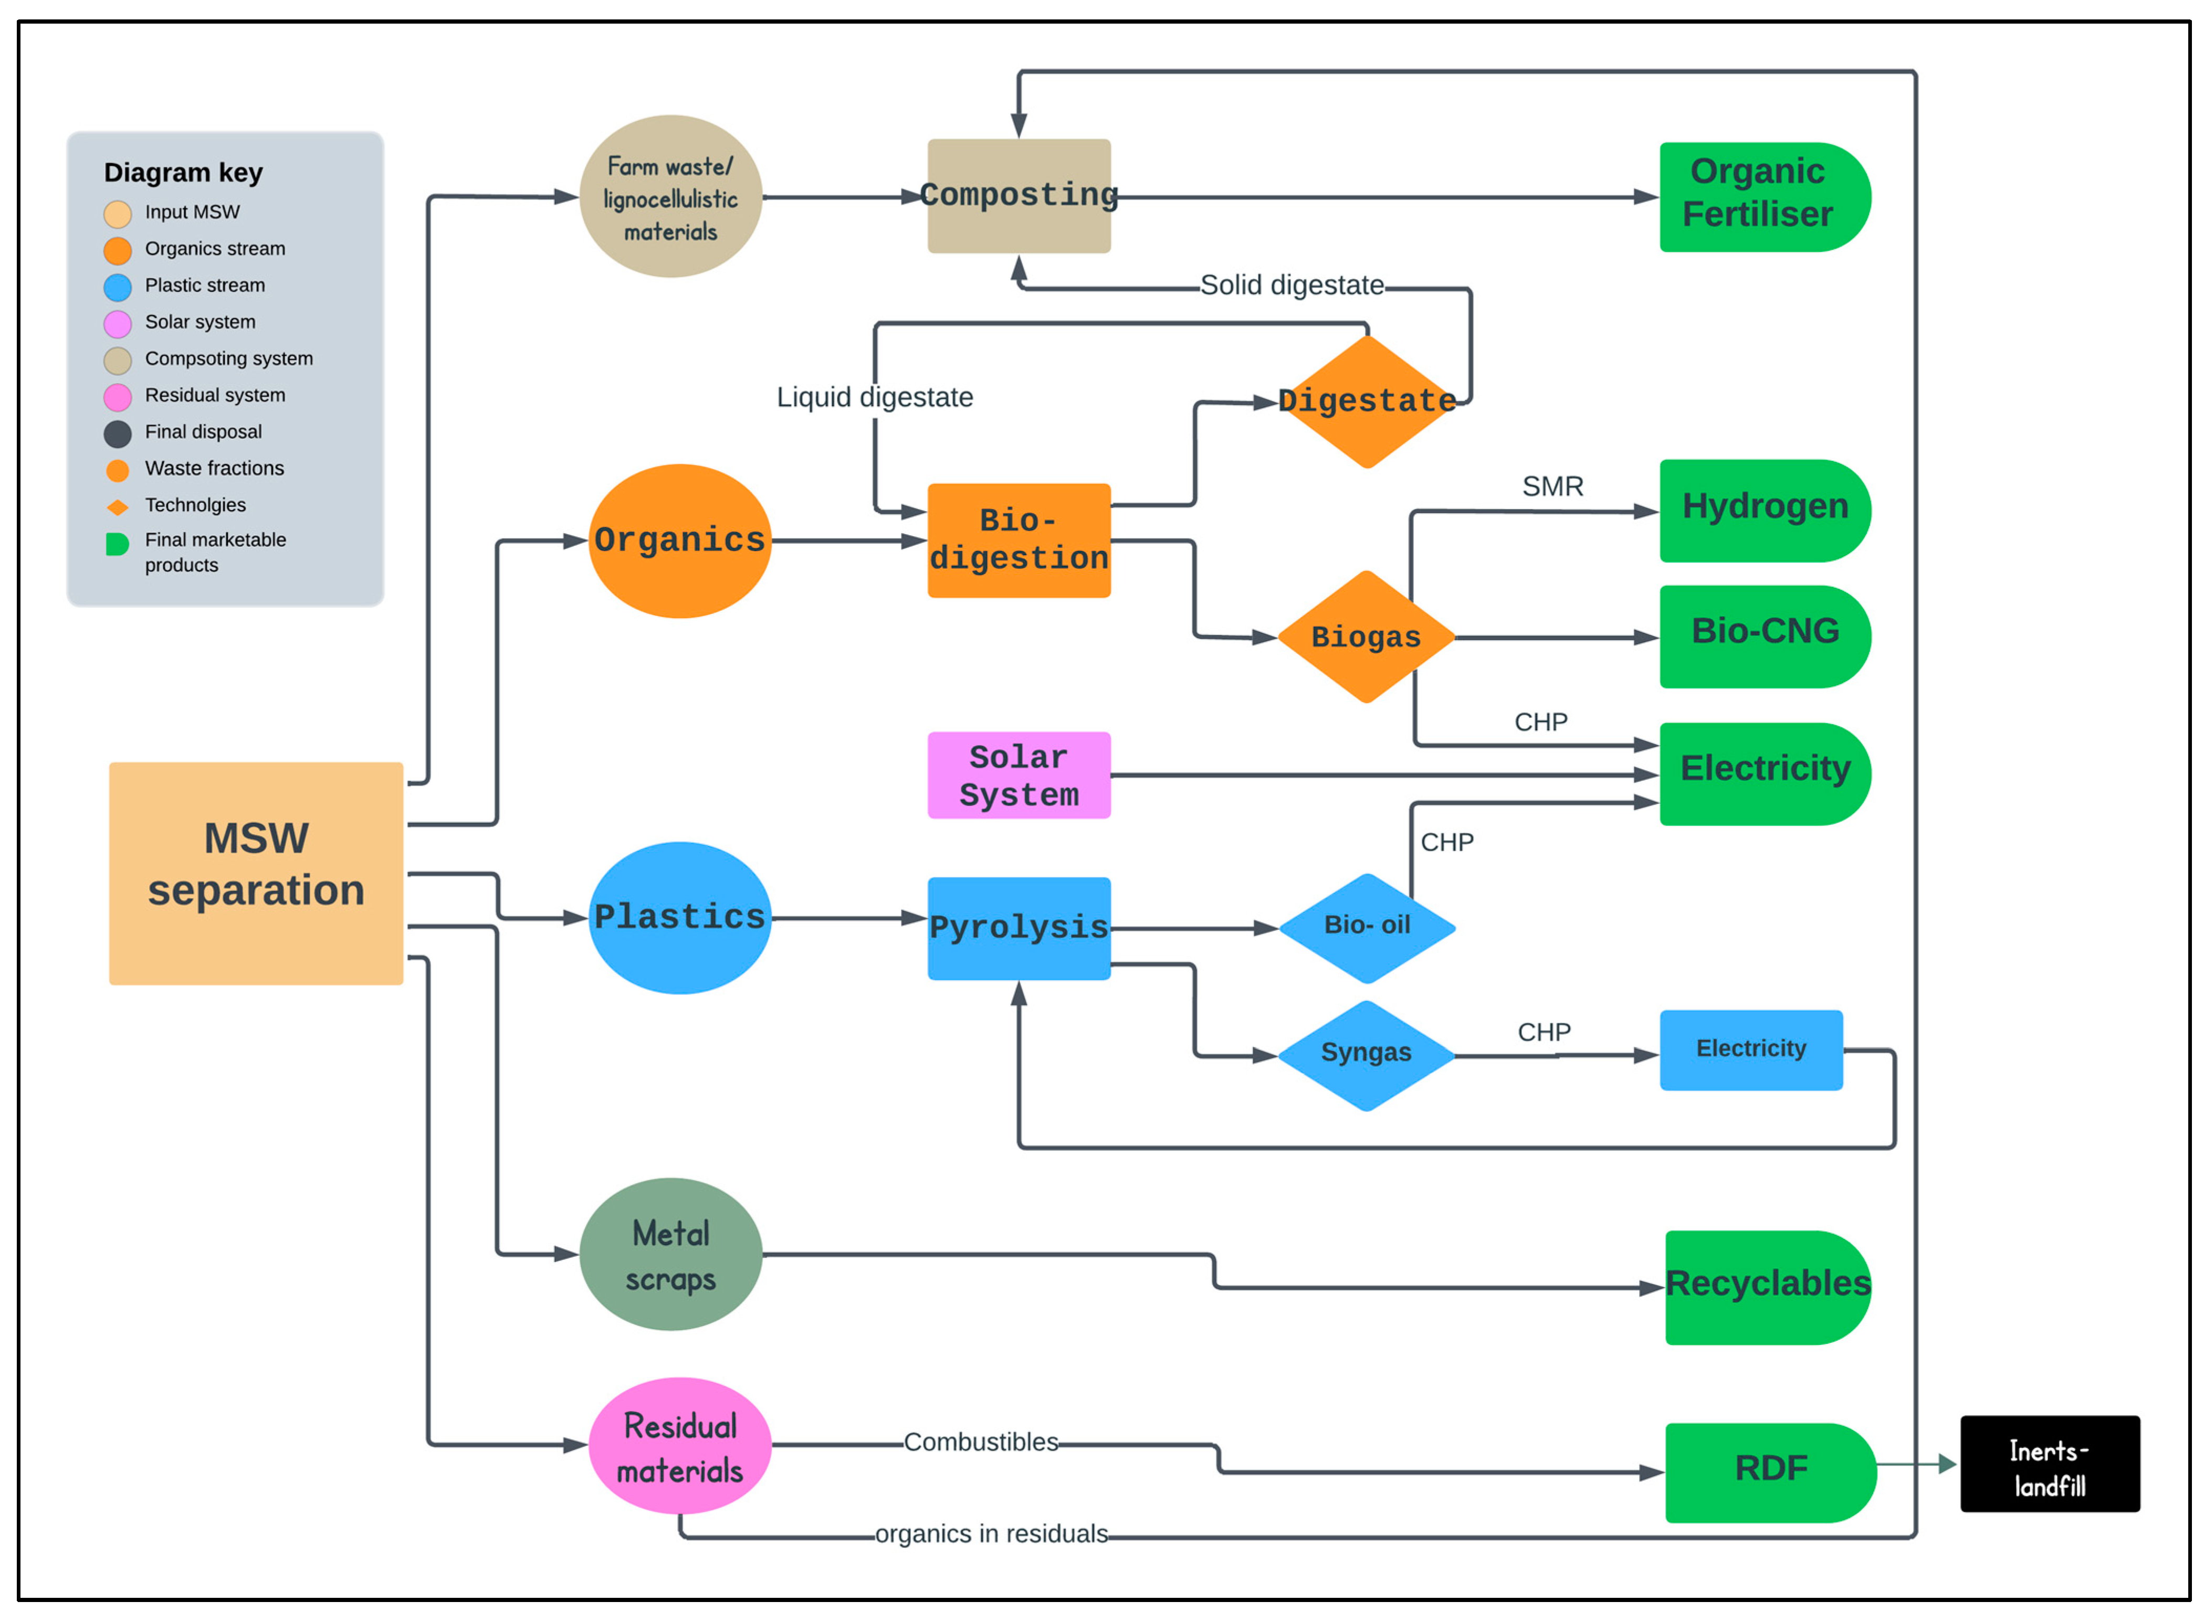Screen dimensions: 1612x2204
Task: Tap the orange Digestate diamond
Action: point(1367,401)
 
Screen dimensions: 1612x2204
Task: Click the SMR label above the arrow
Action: point(1552,486)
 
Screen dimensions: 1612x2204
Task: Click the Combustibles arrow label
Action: point(980,1441)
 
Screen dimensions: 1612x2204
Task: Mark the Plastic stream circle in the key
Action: point(117,287)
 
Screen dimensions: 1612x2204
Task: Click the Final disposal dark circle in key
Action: point(117,433)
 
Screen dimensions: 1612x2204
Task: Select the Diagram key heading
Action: point(184,173)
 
